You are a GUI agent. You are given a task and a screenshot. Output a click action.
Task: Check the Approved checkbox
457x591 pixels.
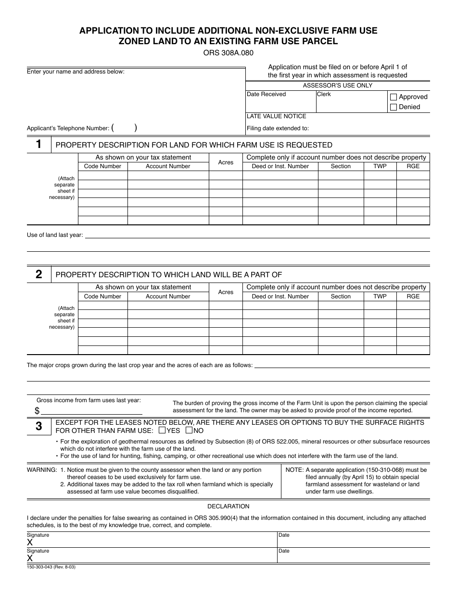(394, 97)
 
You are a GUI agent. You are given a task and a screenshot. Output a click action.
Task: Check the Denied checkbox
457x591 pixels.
(394, 107)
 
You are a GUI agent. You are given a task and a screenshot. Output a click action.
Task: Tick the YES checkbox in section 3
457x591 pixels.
(162, 431)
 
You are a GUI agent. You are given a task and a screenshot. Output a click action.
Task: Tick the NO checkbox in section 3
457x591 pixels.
(189, 431)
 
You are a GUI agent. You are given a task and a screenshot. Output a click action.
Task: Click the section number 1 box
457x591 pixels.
(38, 145)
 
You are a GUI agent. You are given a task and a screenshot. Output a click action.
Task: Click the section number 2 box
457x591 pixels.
(38, 274)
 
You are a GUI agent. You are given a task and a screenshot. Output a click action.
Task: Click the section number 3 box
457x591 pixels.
(38, 426)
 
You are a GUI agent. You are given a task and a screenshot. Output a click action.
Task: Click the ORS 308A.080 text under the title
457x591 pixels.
(228, 53)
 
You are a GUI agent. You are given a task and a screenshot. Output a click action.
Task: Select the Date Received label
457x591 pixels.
(266, 94)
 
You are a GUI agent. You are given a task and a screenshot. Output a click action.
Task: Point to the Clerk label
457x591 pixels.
(324, 94)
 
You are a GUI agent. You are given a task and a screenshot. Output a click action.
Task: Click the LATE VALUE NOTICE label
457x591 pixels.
(276, 116)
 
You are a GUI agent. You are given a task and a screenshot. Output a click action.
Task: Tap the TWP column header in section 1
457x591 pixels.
(380, 166)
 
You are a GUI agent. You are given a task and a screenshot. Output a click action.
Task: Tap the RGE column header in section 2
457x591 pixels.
(413, 296)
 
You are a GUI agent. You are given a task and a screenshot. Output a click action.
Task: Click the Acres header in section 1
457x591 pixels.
(226, 162)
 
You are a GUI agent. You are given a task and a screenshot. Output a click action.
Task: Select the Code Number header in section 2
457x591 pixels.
(102, 296)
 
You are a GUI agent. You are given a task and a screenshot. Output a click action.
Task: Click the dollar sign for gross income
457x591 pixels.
(37, 411)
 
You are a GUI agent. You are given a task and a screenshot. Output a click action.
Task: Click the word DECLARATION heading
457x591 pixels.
(228, 506)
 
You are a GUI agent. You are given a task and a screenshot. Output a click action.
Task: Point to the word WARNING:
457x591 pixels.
(42, 470)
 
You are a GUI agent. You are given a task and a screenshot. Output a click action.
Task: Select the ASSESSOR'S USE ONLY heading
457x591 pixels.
(337, 86)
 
